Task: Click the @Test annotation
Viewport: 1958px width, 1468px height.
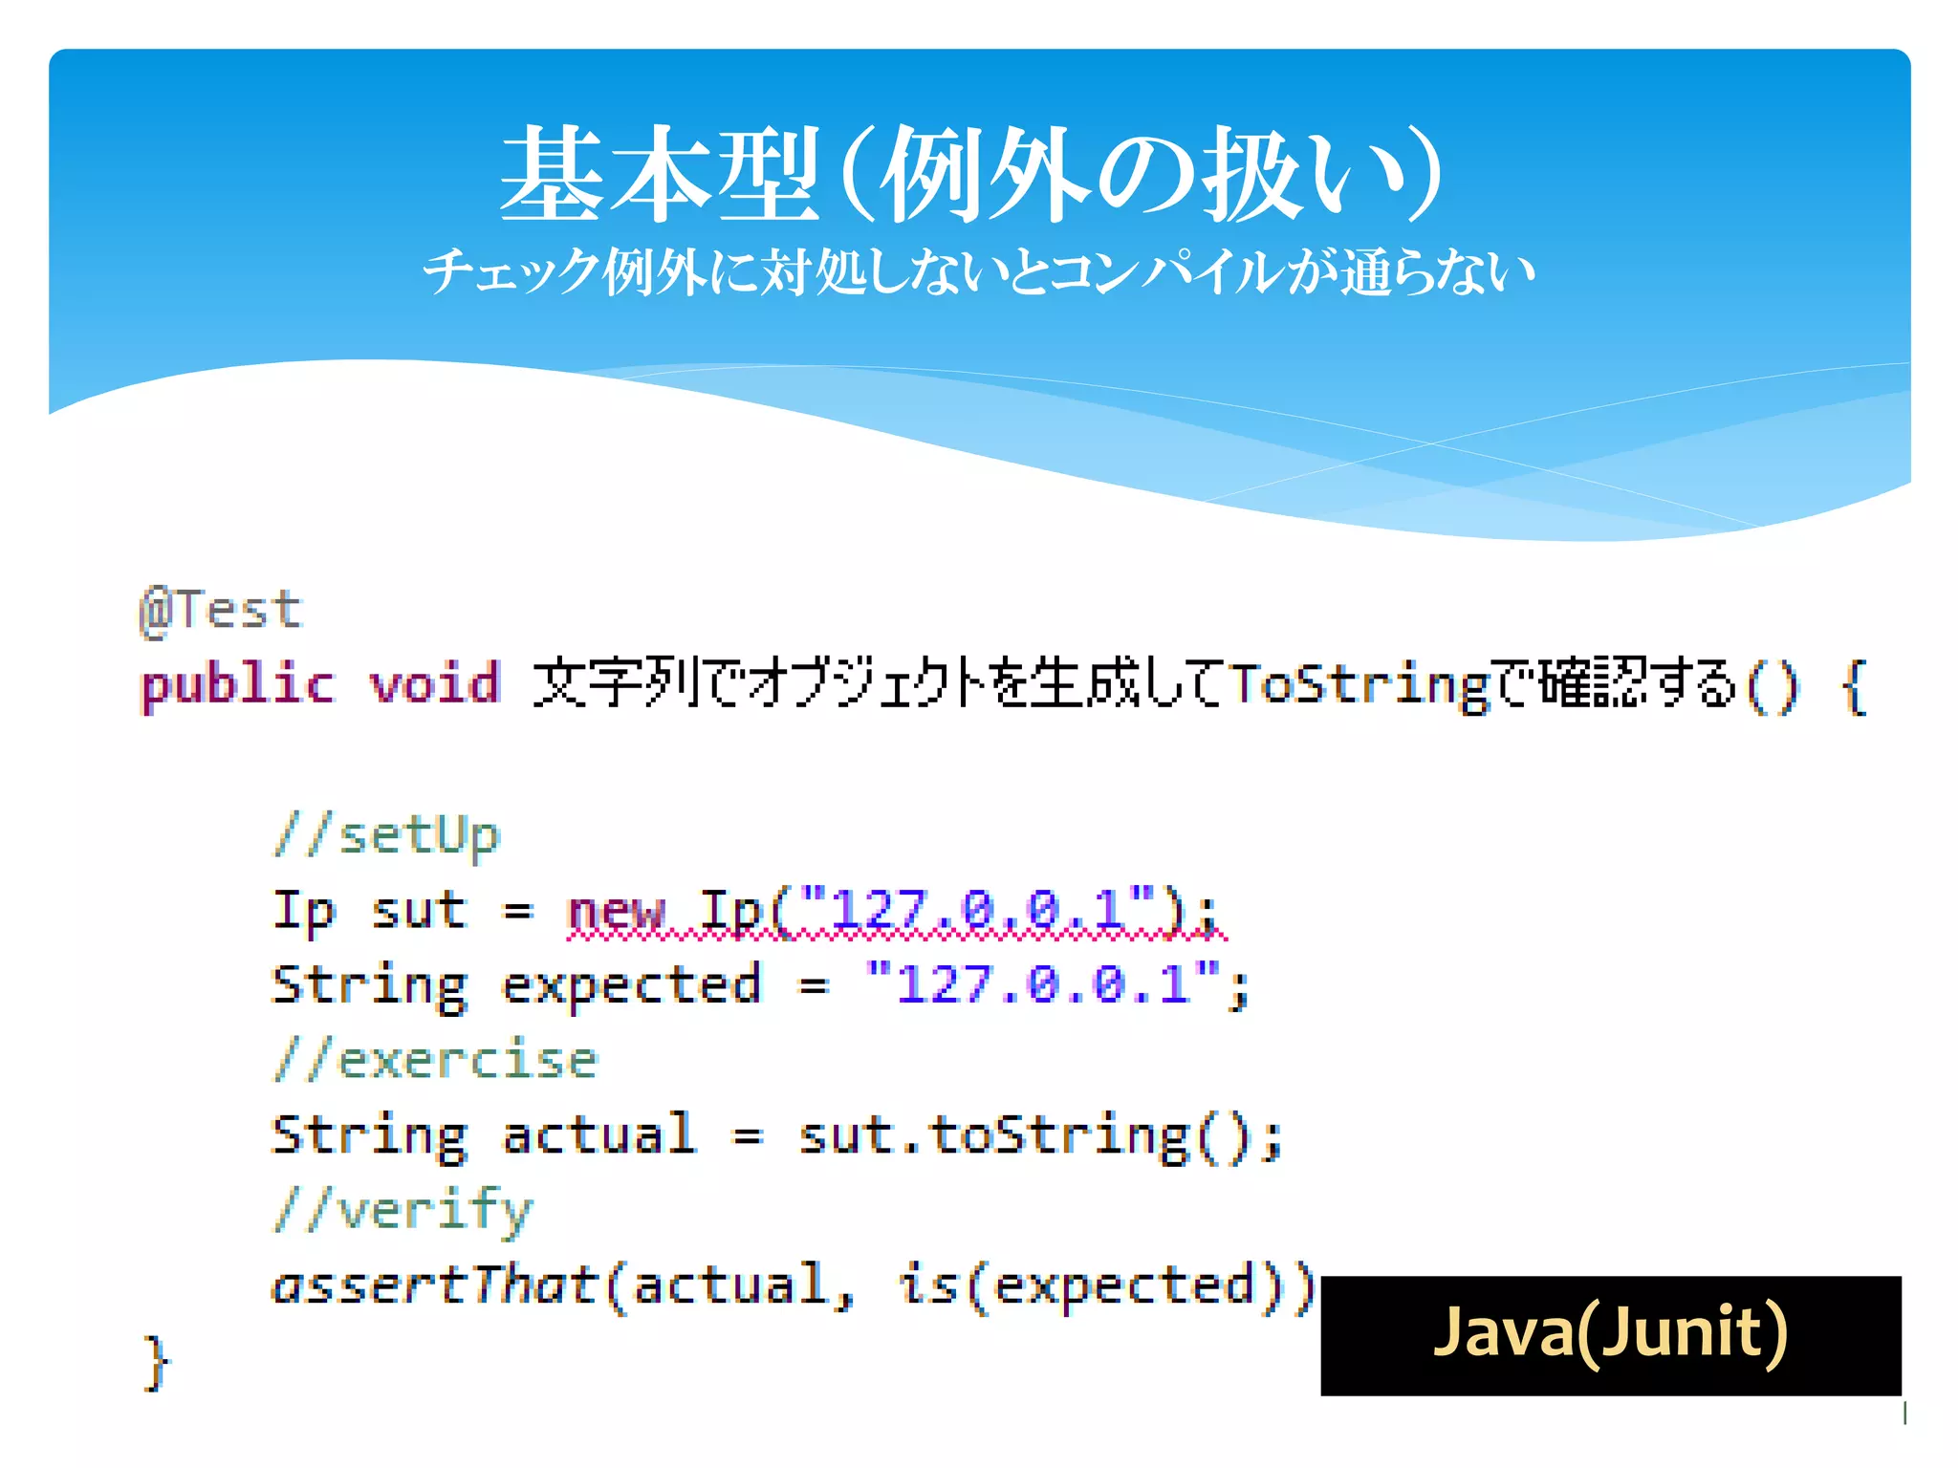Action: click(x=221, y=610)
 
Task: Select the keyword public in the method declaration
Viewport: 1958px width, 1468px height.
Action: click(x=238, y=685)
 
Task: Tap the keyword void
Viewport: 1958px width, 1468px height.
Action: click(x=435, y=685)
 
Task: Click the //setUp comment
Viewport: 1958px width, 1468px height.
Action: click(x=386, y=835)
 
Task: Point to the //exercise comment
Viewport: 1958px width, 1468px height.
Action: click(x=436, y=1060)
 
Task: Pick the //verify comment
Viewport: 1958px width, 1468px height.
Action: click(x=402, y=1211)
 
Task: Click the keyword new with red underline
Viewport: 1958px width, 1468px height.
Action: click(x=615, y=910)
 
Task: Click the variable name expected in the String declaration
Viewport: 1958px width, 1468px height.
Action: click(x=631, y=984)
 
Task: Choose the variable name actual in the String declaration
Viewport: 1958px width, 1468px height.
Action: click(x=599, y=1135)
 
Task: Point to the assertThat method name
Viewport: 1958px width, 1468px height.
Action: click(x=435, y=1285)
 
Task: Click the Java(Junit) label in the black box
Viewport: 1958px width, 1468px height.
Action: click(x=1610, y=1333)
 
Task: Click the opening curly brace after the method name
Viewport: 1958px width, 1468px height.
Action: click(x=1854, y=685)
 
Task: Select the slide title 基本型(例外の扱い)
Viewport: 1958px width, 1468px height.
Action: click(x=970, y=174)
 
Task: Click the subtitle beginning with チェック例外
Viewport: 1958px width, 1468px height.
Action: click(x=978, y=272)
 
